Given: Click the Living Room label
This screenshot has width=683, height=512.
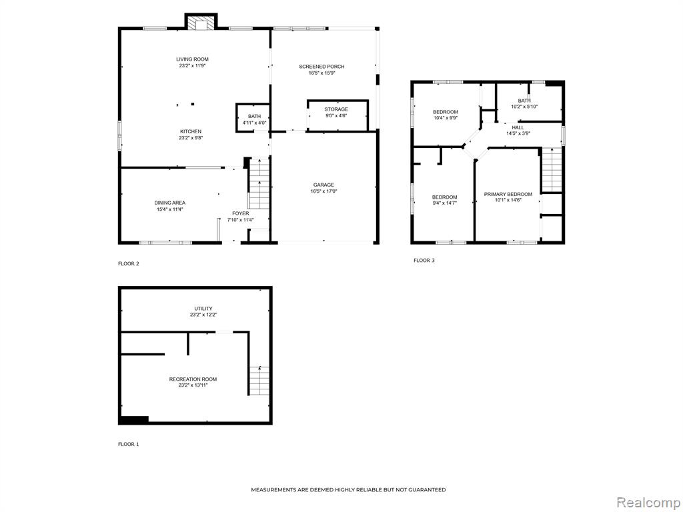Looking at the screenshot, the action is click(x=192, y=59).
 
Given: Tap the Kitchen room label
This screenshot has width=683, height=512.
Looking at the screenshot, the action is click(x=191, y=131).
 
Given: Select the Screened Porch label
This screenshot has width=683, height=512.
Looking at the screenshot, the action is click(x=321, y=67).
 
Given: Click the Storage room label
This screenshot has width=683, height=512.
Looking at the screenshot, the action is click(x=336, y=109).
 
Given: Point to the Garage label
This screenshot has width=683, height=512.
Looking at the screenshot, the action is click(x=323, y=185).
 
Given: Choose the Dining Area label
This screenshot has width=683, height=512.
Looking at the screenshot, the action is click(x=169, y=203).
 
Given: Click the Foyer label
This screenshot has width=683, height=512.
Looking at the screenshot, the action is click(x=240, y=213).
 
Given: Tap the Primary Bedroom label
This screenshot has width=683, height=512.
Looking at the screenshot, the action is click(x=508, y=194).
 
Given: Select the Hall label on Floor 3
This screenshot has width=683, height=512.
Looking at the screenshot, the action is click(x=518, y=127).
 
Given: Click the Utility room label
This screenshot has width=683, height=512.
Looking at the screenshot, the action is click(x=203, y=309).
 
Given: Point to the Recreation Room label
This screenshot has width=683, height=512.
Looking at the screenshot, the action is click(x=193, y=379).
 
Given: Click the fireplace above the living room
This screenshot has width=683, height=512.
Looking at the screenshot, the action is click(x=201, y=22).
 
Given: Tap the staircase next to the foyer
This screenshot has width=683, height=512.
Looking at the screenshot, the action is click(x=259, y=184).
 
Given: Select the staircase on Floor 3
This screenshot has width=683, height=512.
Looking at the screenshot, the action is click(x=552, y=170).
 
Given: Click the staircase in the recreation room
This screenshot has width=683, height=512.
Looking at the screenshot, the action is click(x=259, y=381).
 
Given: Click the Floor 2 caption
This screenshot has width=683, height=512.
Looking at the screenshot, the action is click(x=129, y=263).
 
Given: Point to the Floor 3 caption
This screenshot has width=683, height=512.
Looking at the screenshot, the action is click(x=424, y=261).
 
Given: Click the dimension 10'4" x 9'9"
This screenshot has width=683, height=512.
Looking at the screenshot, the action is click(x=445, y=118).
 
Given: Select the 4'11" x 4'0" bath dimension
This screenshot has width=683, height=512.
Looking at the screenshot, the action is click(x=254, y=123).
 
